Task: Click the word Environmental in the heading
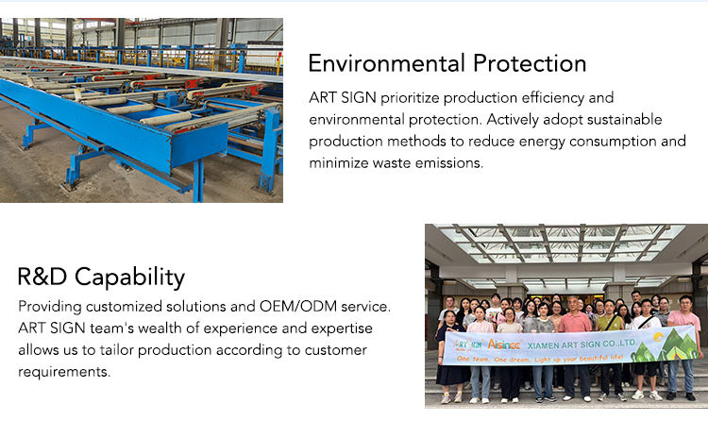[386, 63]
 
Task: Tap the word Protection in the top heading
[530, 63]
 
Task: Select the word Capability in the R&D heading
[129, 278]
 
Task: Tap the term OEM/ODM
[298, 306]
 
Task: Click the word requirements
[64, 372]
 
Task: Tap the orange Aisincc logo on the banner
[504, 345]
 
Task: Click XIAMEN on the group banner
[542, 345]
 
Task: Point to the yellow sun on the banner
[658, 337]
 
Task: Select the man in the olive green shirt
[609, 348]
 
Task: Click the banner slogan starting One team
[540, 359]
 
